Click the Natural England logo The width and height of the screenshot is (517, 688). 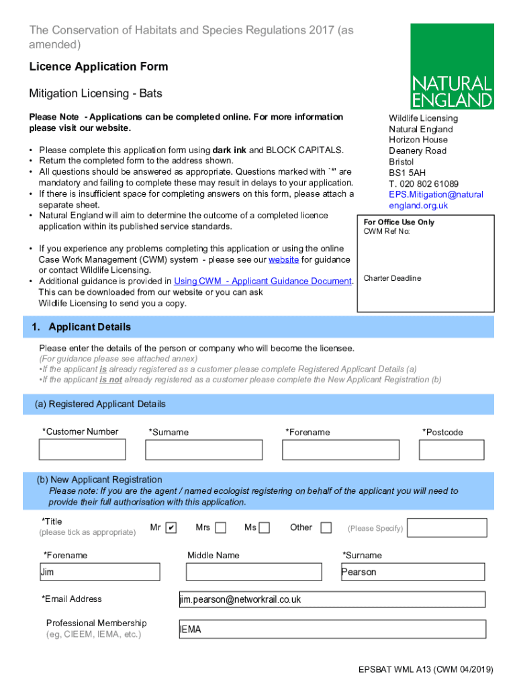pyautogui.click(x=452, y=67)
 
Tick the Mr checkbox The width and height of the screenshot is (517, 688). pyautogui.click(x=171, y=527)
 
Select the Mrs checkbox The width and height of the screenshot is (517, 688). pyautogui.click(x=220, y=527)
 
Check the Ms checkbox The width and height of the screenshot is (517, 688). pyautogui.click(x=265, y=527)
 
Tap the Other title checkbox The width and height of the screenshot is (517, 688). pyautogui.click(x=326, y=527)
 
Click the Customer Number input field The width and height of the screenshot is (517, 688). pyautogui.click(x=83, y=449)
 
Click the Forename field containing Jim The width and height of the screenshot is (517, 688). pyautogui.click(x=99, y=572)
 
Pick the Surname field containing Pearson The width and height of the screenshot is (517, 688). pyautogui.click(x=412, y=572)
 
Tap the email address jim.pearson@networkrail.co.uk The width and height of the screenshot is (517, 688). pyautogui.click(x=240, y=599)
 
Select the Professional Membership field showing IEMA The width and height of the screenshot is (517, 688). pyautogui.click(x=332, y=630)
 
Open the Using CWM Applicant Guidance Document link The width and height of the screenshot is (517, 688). pyautogui.click(x=263, y=281)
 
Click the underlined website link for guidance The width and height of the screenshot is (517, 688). pyautogui.click(x=283, y=259)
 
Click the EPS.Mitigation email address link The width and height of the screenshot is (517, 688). pyautogui.click(x=436, y=200)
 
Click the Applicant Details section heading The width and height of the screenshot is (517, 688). pyautogui.click(x=89, y=327)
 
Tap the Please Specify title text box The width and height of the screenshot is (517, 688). pyautogui.click(x=442, y=527)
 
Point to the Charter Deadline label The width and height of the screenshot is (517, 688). pyautogui.click(x=392, y=278)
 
